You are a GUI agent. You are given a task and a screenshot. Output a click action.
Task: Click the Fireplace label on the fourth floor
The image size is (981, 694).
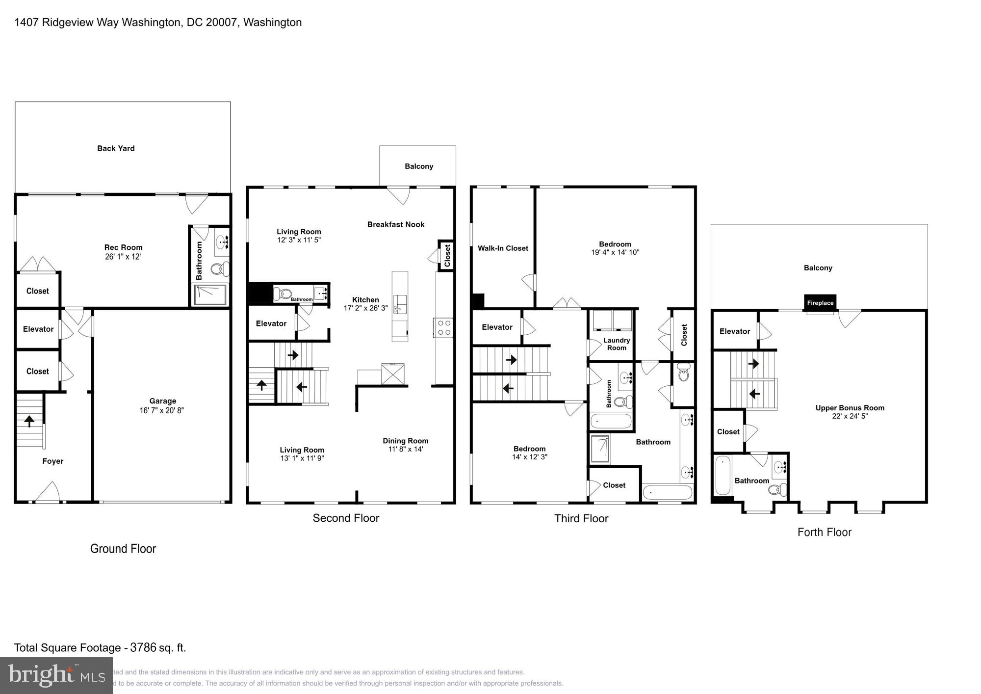click(820, 303)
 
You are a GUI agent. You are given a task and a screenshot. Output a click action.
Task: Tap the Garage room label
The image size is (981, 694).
click(162, 401)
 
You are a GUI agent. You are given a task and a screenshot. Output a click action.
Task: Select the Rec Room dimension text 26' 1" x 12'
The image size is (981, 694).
click(123, 257)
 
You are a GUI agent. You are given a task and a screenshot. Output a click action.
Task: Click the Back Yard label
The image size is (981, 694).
click(116, 148)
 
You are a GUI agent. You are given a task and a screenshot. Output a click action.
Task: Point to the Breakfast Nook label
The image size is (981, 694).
click(395, 224)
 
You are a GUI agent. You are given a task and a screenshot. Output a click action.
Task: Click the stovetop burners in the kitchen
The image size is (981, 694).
click(444, 328)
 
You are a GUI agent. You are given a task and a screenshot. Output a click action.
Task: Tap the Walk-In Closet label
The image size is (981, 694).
click(503, 248)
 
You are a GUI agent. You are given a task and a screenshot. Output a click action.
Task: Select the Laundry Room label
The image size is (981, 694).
click(616, 344)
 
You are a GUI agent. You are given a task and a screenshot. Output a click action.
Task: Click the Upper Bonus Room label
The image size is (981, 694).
click(850, 408)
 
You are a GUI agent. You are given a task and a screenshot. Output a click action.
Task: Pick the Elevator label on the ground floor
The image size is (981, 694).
click(38, 329)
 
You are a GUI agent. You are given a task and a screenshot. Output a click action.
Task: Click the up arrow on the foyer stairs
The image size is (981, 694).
click(29, 421)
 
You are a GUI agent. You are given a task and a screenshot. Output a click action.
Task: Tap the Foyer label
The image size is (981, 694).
click(52, 461)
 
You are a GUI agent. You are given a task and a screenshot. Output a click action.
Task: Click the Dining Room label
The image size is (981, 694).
click(405, 441)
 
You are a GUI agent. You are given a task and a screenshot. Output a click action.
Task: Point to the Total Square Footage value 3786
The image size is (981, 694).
click(143, 647)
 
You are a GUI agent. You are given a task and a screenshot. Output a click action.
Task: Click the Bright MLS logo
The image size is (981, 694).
click(56, 675)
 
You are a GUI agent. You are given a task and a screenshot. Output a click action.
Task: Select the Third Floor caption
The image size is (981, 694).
click(581, 518)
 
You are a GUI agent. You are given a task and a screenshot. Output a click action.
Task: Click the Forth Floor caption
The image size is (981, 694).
click(824, 532)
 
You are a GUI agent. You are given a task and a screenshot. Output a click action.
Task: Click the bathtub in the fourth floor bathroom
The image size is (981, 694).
click(722, 476)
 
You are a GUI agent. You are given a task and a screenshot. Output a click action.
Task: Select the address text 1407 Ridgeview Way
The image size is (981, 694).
click(66, 22)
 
